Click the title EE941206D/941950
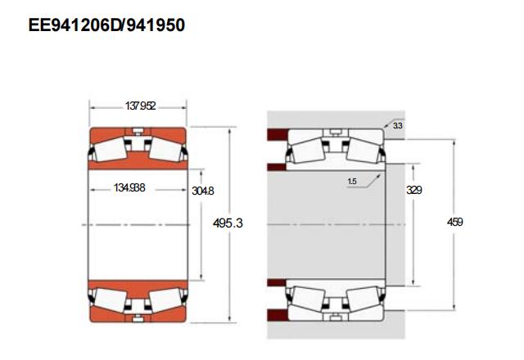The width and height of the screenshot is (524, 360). click(x=106, y=25)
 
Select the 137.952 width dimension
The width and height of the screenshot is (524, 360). click(x=140, y=106)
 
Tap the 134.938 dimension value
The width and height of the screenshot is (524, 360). click(x=129, y=187)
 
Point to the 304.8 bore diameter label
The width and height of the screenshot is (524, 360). click(x=202, y=191)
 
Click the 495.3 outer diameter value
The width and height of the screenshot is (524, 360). click(x=228, y=223)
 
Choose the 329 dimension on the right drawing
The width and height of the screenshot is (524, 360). click(x=414, y=190)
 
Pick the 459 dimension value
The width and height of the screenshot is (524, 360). click(x=455, y=222)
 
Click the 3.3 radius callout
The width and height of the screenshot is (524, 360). click(x=397, y=126)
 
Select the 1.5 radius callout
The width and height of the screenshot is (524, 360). click(x=352, y=182)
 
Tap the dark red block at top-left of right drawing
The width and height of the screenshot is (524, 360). click(x=278, y=134)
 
